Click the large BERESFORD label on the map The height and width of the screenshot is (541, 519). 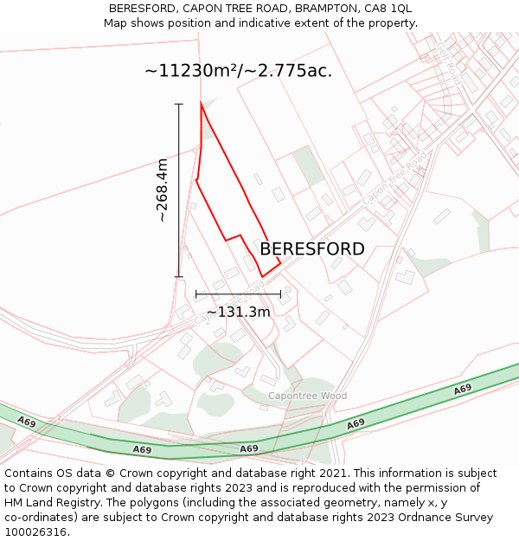point(312,249)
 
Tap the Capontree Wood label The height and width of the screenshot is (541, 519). point(307,396)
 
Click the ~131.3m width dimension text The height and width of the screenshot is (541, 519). point(238,312)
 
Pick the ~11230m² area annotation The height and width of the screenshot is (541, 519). point(238,71)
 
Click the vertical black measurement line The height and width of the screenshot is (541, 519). point(180,190)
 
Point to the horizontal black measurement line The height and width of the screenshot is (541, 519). point(238,294)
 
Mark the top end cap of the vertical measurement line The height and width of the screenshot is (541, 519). point(180,104)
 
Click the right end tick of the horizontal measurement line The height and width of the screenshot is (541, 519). point(280,294)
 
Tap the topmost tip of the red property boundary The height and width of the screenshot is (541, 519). point(202,102)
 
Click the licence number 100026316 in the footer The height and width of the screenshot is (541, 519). point(35,532)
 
